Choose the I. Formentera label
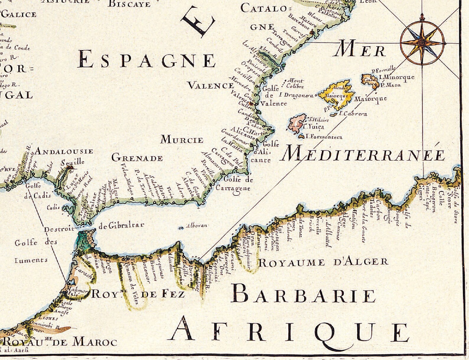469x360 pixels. point(324,137)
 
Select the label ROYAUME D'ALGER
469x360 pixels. point(323,262)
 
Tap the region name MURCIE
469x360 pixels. point(182,140)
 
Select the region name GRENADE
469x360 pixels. point(137,158)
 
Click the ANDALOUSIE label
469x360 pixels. point(64,152)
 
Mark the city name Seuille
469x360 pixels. point(73,162)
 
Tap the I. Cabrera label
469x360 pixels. point(353,114)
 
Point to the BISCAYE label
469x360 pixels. point(129,4)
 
